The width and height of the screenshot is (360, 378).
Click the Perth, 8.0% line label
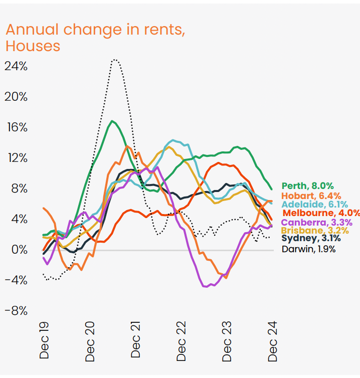(x=308, y=186)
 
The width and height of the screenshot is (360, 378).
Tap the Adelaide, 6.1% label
(x=314, y=204)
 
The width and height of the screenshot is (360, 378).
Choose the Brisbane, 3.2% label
(x=314, y=231)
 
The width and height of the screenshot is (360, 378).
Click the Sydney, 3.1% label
(x=308, y=239)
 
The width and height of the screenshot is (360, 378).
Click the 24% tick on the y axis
(x=16, y=66)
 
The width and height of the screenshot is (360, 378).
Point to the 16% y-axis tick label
(x=16, y=127)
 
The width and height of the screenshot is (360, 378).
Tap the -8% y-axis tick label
(x=16, y=310)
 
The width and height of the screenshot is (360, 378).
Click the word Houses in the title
(x=33, y=46)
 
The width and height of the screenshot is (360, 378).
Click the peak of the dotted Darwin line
(x=115, y=60)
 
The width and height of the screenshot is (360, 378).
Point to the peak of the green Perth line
(x=113, y=121)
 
